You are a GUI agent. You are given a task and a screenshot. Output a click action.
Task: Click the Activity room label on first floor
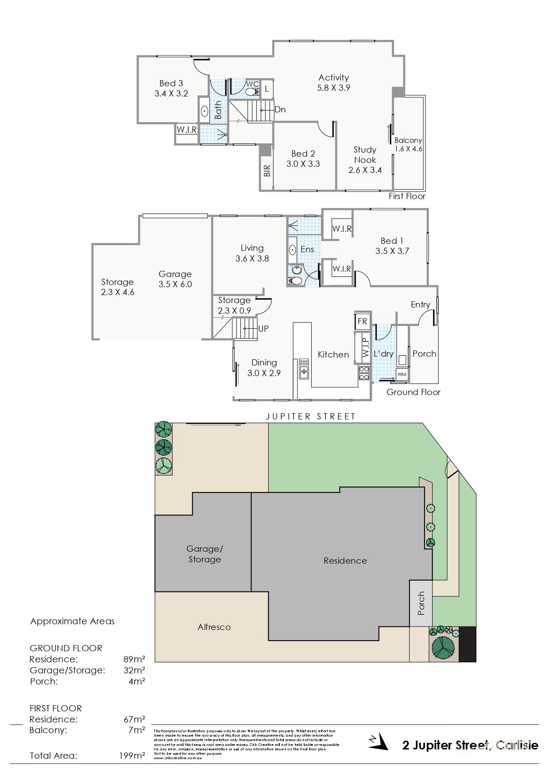[x=333, y=78]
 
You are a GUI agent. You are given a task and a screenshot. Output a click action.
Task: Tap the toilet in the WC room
[x=252, y=92]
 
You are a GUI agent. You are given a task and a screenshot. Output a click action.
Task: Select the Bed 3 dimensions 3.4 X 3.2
[x=171, y=93]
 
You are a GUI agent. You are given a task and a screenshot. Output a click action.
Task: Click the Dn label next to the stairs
[x=280, y=109]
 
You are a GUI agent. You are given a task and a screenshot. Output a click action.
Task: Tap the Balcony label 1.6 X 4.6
[x=408, y=145]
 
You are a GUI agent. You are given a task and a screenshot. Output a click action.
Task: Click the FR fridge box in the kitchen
[x=362, y=322]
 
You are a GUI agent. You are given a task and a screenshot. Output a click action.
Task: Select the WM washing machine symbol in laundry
[x=402, y=374]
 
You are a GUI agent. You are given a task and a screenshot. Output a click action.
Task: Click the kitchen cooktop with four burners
[x=364, y=373]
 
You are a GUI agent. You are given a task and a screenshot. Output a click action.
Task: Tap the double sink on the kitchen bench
[x=304, y=369]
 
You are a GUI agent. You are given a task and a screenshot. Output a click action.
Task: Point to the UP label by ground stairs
[x=263, y=329]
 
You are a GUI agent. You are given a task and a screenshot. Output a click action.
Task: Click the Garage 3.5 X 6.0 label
[x=175, y=279]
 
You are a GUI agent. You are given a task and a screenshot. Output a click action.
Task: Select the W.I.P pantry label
[x=365, y=348]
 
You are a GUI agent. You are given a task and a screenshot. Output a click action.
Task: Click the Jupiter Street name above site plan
[x=310, y=416]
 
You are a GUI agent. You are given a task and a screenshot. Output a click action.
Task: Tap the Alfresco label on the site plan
[x=214, y=627]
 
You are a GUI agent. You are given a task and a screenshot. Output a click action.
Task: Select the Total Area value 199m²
[x=132, y=756]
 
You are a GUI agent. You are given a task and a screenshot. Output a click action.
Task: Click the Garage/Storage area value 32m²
[x=134, y=670]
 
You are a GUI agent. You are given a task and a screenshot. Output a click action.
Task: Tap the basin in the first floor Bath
[x=205, y=111]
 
